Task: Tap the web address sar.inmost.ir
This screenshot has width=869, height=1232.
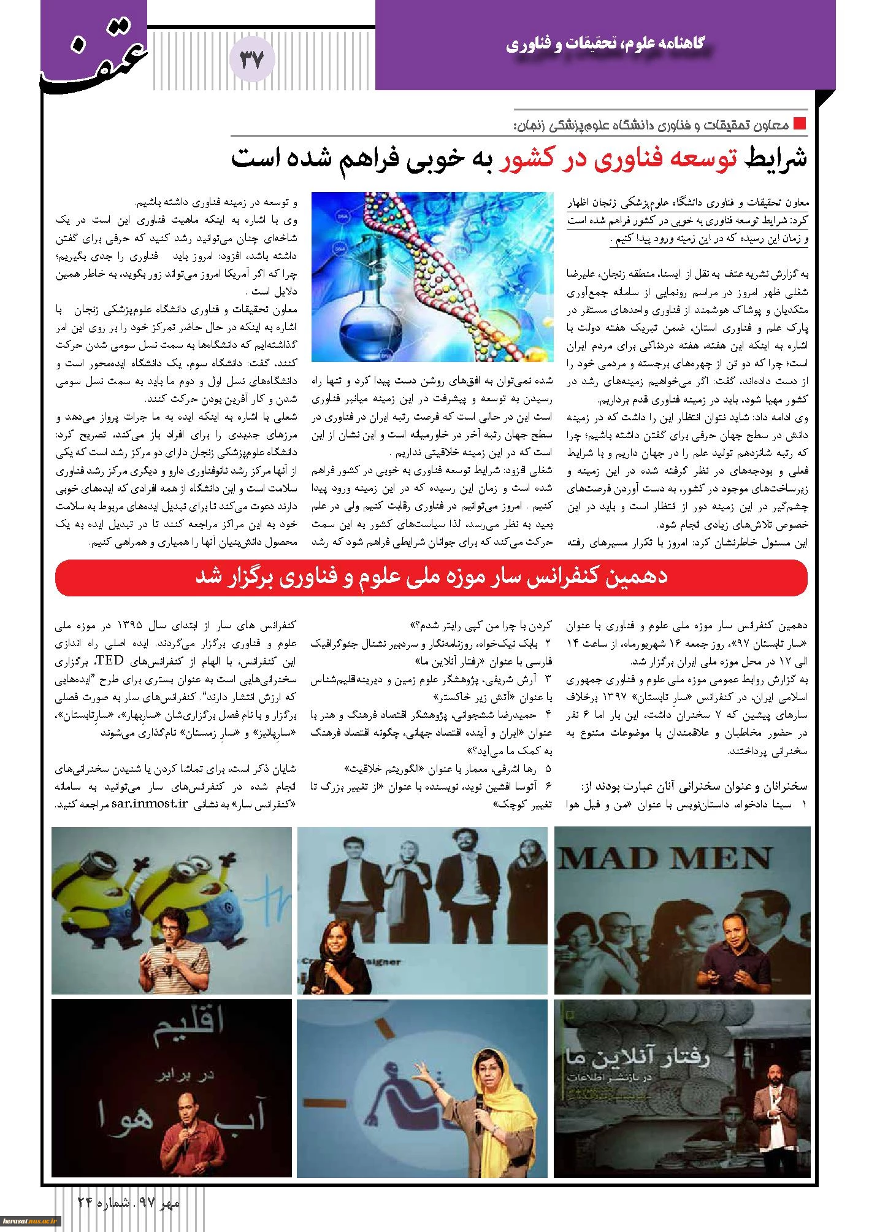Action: (x=148, y=804)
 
